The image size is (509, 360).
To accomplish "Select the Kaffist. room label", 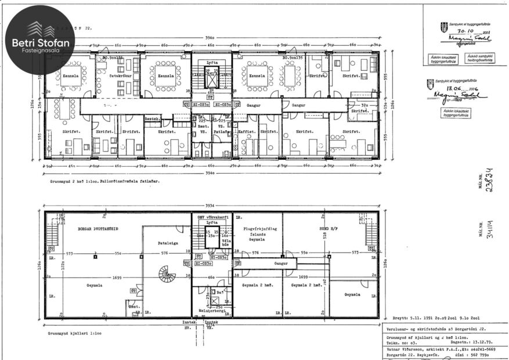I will pos(247,132).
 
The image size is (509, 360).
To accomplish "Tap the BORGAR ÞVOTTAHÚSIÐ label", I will pos(98,229).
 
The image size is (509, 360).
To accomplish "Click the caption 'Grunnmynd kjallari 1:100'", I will pos(75,334).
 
